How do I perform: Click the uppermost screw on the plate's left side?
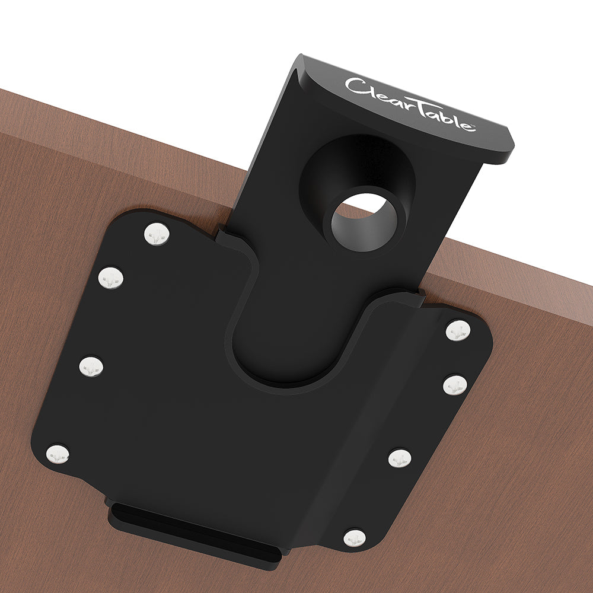157,234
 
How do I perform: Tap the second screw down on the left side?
111,277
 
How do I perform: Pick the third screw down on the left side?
91,367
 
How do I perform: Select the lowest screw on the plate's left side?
58,454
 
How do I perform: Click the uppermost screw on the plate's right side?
458,330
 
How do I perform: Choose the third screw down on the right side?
400,458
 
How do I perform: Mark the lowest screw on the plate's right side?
355,538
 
